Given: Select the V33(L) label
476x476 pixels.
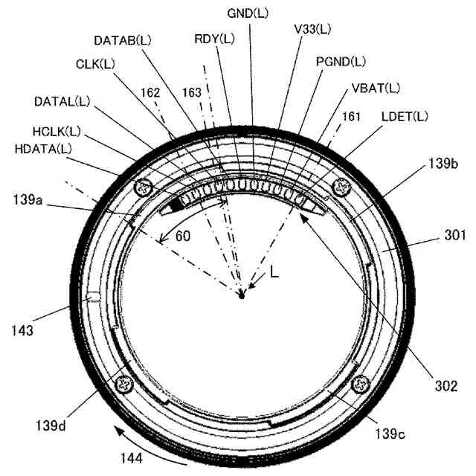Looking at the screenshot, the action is click(x=312, y=29).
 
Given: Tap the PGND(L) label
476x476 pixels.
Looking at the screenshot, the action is click(x=341, y=60).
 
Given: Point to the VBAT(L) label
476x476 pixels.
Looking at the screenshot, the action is click(x=375, y=88).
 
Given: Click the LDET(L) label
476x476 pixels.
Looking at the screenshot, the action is click(x=405, y=116).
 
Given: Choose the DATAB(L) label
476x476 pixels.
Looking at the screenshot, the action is click(x=124, y=39).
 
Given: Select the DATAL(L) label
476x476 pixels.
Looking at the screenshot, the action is click(x=62, y=100).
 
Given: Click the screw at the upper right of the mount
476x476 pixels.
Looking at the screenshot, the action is click(x=342, y=185).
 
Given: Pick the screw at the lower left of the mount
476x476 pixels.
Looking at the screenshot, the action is click(x=123, y=385).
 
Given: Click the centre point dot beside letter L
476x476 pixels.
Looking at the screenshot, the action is click(x=242, y=295).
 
